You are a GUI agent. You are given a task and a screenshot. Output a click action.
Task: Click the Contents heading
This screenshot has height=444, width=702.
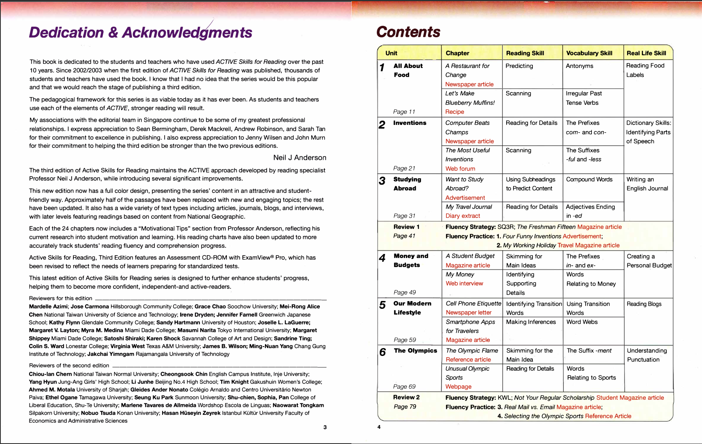(408, 32)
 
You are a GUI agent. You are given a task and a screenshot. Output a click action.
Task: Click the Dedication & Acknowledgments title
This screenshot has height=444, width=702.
(140, 32)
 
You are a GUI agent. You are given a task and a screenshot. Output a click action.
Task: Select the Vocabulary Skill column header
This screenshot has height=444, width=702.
(589, 53)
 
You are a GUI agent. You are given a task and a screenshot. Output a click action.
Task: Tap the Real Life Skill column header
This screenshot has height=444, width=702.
(646, 53)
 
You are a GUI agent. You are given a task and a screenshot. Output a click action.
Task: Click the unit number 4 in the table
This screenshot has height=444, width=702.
(382, 258)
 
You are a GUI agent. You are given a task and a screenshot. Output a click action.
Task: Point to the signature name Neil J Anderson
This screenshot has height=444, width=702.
(300, 158)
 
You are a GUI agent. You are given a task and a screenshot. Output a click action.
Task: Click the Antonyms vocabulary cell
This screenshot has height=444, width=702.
(579, 66)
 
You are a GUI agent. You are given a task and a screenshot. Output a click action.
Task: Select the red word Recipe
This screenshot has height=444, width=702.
(455, 112)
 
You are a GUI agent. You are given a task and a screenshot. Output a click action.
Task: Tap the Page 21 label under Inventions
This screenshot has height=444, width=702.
(404, 168)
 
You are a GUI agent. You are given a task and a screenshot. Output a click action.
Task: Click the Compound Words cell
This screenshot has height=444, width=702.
(589, 179)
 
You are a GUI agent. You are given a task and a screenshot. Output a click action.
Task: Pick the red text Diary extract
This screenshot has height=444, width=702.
(462, 216)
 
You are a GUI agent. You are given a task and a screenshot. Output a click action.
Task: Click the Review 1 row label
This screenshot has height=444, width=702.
(406, 227)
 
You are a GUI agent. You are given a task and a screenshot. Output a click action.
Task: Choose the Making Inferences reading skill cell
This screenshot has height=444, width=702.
(531, 322)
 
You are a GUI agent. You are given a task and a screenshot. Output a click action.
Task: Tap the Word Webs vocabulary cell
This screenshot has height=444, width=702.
(582, 322)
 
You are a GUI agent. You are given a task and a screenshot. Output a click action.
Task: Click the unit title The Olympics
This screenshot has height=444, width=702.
(415, 351)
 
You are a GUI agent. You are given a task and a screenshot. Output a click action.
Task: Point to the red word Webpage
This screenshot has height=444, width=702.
(458, 387)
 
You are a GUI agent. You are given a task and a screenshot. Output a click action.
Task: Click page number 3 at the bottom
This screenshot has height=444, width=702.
(325, 427)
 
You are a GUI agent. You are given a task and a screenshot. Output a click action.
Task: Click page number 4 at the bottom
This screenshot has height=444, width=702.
(379, 427)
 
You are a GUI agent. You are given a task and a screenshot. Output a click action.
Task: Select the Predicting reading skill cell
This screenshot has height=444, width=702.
(519, 66)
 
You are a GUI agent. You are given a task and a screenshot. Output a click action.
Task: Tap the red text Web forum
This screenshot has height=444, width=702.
(460, 169)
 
